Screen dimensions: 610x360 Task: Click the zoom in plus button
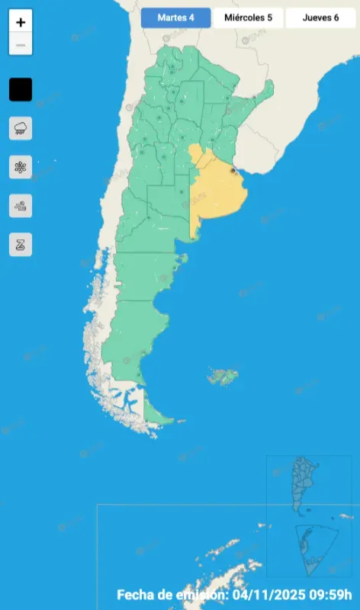21,23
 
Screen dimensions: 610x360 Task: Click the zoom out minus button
21,45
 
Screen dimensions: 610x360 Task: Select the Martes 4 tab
175,18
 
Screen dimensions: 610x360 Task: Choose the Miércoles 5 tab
248,18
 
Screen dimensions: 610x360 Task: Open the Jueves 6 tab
320,18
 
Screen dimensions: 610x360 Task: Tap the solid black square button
21,89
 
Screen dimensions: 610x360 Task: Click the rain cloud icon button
21,127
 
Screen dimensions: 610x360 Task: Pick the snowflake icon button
21,166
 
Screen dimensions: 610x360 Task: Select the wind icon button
21,205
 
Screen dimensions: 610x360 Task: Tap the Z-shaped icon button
21,244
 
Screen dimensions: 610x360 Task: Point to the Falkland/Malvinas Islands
222,375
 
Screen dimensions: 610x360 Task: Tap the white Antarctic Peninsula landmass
221,552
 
